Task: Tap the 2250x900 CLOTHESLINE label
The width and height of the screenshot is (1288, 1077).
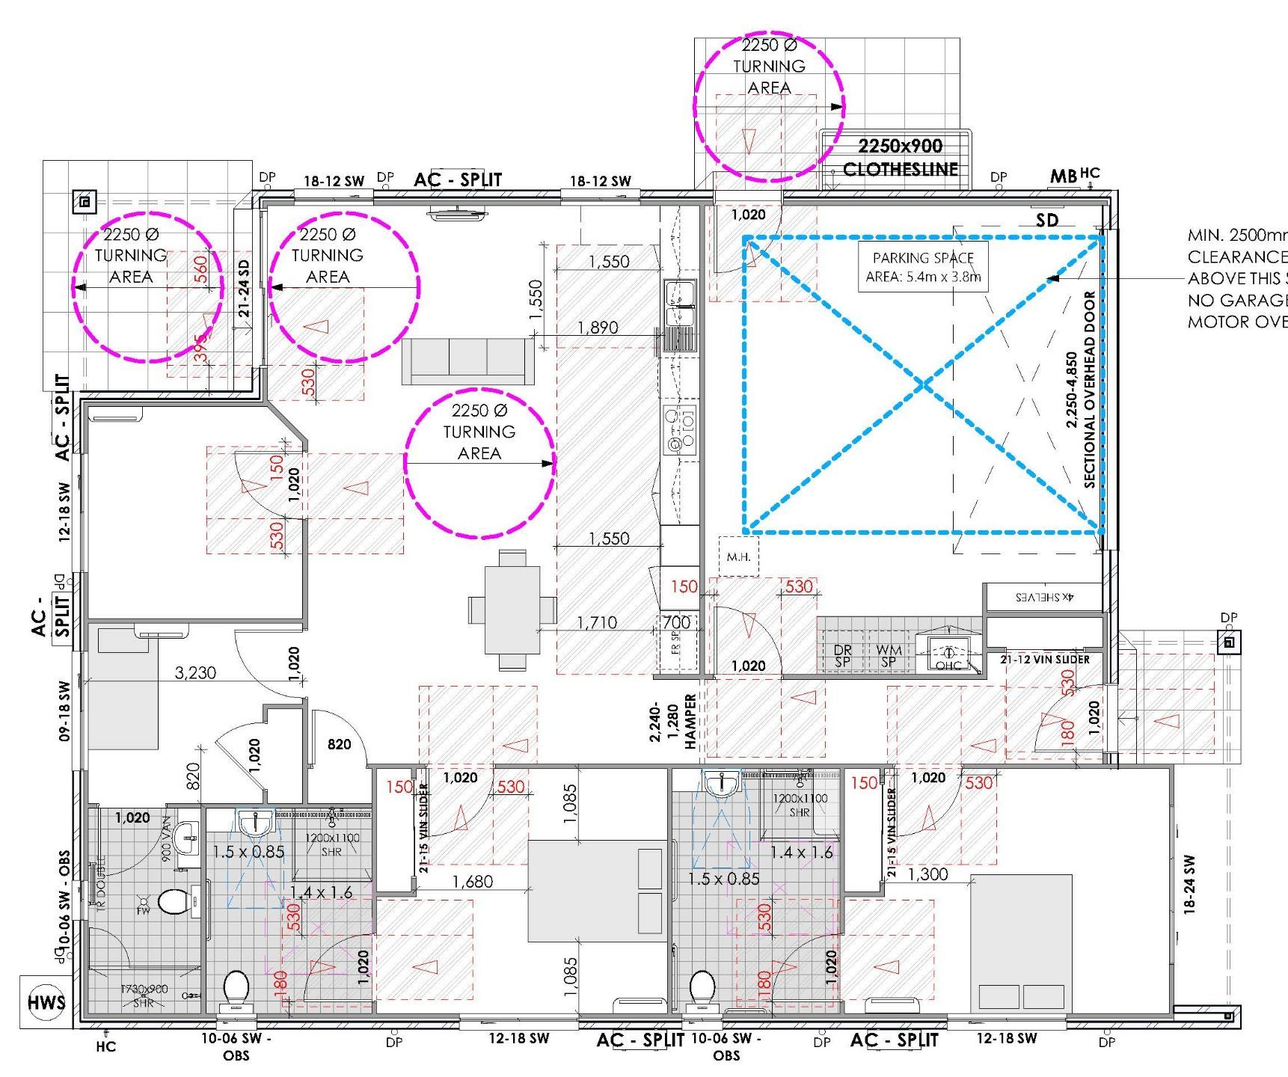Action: point(900,158)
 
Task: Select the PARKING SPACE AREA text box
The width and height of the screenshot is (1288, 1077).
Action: point(922,267)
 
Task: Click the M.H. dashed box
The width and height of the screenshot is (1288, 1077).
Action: point(738,556)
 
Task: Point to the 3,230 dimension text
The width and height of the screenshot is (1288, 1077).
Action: point(195,673)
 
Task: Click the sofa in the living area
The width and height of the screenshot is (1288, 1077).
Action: point(467,361)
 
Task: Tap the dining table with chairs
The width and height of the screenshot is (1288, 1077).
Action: point(512,610)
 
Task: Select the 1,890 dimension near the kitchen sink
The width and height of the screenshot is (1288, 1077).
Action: point(598,328)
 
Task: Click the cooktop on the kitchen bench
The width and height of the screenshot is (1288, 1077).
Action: point(679,431)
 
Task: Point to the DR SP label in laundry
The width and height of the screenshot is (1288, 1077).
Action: point(842,656)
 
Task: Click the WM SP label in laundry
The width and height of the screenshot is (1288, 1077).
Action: point(888,656)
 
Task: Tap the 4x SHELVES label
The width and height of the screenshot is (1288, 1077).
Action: point(1044,597)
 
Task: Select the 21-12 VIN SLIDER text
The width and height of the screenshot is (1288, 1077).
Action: point(1044,660)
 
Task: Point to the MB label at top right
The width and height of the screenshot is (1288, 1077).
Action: point(1063,177)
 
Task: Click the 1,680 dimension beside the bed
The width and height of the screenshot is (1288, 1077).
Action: point(473,882)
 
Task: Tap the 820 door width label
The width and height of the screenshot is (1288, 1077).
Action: point(339,744)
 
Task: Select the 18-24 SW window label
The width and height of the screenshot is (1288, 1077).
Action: point(1189,885)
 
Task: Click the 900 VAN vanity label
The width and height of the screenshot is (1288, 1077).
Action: point(166,838)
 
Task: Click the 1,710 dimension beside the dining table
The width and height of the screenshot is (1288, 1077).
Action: point(596,622)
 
